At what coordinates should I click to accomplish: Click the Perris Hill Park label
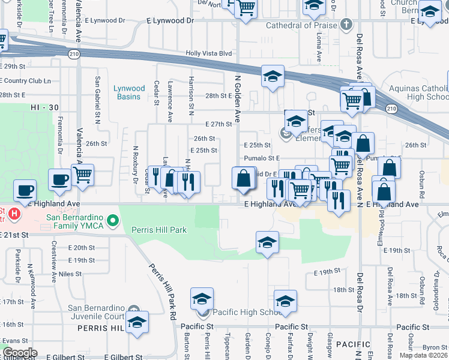161,230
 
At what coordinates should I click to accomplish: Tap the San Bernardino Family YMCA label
65,221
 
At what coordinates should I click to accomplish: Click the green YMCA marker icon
112,223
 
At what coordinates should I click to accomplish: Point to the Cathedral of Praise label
298,25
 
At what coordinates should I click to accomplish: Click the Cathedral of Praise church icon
345,25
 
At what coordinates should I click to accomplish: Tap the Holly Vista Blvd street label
208,53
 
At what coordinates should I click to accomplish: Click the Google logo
20,353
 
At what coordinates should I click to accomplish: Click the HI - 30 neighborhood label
44,107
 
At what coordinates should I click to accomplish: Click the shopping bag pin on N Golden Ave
244,179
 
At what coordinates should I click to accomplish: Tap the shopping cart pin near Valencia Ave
83,176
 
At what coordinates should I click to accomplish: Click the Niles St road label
70,274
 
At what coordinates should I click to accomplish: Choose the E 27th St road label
218,125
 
